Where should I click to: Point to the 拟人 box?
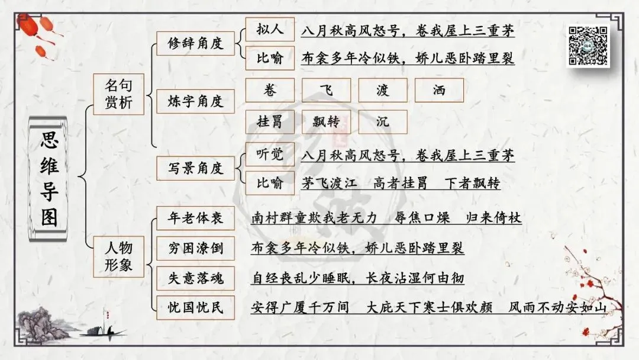tap(269, 29)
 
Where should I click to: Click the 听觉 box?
tap(269, 155)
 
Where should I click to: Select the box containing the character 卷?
tap(270, 91)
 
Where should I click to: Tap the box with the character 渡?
tap(383, 91)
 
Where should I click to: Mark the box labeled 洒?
tap(439, 91)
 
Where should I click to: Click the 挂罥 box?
tap(270, 122)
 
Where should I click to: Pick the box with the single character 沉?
tap(383, 122)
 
